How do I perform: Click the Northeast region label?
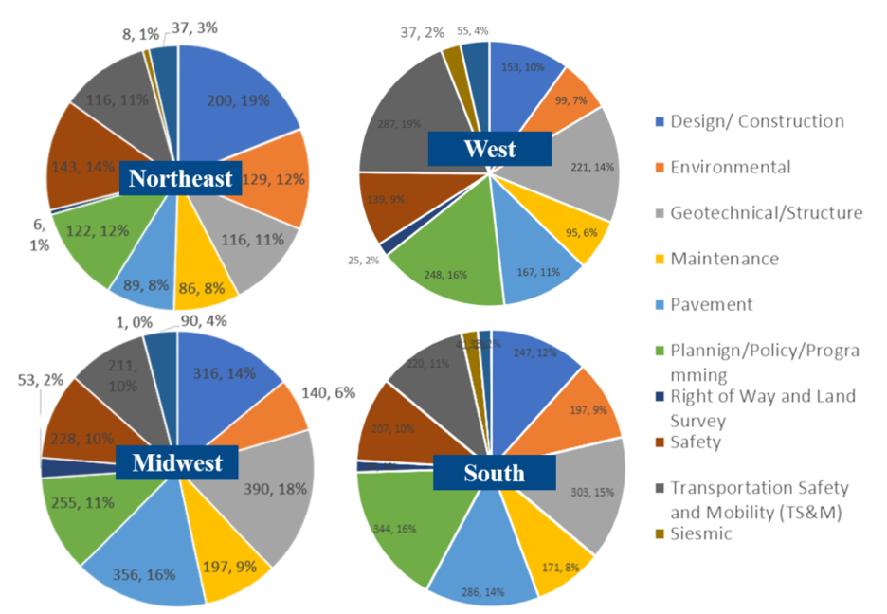pos(180,179)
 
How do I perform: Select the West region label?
pos(489,149)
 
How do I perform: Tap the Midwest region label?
pos(177,462)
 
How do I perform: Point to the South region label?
pos(494,473)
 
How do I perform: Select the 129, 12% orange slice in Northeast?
pos(265,178)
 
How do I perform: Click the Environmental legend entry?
pos(730,167)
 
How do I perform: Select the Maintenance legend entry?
pos(724,259)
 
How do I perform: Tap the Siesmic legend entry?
pos(702,533)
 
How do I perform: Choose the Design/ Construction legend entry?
pos(756,121)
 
